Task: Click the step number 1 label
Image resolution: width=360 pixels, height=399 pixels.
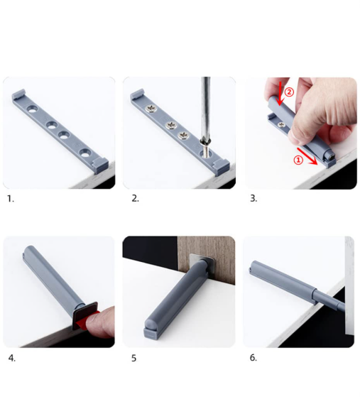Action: tap(10, 199)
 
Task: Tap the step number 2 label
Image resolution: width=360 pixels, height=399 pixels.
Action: tap(135, 199)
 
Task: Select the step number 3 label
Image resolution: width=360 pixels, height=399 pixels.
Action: tap(253, 198)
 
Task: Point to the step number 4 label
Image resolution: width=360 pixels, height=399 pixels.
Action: tap(11, 358)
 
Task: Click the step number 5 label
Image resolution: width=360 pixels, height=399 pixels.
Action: tap(133, 359)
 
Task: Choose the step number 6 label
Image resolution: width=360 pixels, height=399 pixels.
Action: tap(253, 358)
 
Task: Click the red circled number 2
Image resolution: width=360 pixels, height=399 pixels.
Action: tap(289, 92)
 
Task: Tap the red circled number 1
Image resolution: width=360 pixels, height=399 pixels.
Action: tap(298, 160)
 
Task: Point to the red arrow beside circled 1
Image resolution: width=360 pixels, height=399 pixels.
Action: tap(307, 156)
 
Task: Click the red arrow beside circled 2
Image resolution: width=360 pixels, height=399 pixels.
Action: tap(280, 93)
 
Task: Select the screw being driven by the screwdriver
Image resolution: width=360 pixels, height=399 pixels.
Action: tap(207, 149)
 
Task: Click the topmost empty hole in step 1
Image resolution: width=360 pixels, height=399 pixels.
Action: tap(33, 109)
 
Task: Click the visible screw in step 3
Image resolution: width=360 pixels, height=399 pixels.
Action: tap(281, 124)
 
